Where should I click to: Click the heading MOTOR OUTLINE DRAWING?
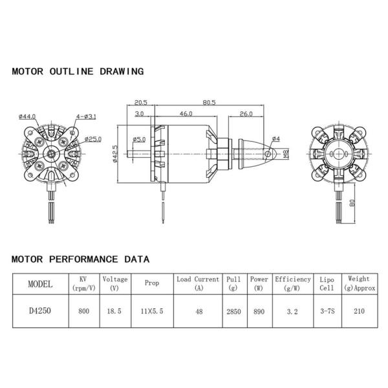coord(78,72)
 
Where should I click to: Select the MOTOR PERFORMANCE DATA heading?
coord(80,259)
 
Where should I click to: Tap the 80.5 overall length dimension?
coord(208,102)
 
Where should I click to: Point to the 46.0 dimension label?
coord(186,114)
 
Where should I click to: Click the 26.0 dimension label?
coord(245,114)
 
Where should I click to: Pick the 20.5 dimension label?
coord(142,102)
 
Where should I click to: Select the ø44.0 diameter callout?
coord(28,116)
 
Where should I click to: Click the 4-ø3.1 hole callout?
coord(85,116)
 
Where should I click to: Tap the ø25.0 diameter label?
coord(93,139)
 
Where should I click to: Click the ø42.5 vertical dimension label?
coord(115,155)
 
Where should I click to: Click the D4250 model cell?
coord(40,311)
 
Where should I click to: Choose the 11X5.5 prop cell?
coord(152,311)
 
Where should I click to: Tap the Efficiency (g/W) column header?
coord(292,284)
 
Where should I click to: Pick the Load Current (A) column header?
coord(199,284)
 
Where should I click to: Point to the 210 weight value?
coord(358,311)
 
